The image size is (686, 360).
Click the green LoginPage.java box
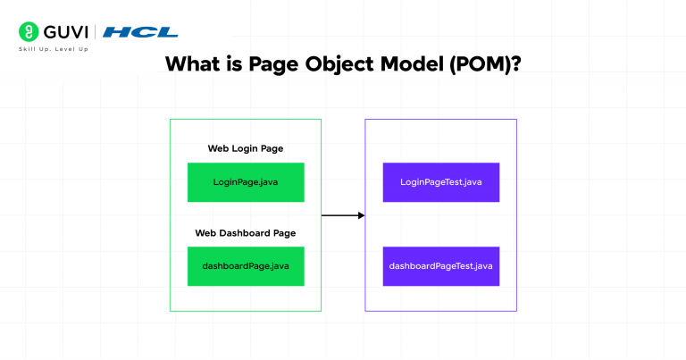[x=246, y=182]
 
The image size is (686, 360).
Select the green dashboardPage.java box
[x=246, y=266]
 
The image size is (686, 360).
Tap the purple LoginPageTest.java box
[x=440, y=182]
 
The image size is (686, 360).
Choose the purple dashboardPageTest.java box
[x=440, y=266]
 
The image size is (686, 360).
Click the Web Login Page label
[x=246, y=148]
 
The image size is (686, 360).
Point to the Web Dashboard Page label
[x=246, y=233]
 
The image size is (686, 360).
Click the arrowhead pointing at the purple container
[x=360, y=215]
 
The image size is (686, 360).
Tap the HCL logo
[x=140, y=32]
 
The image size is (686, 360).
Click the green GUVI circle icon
[x=27, y=32]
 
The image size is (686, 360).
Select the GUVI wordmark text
[x=62, y=32]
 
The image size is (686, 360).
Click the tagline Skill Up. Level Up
[x=54, y=49]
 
